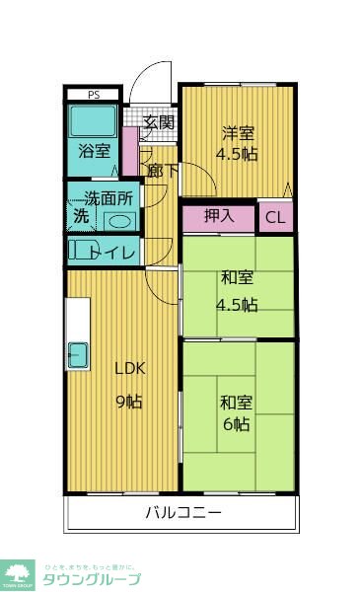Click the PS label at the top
pos(94,95)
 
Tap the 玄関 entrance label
pos(158,123)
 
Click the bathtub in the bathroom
pos(94,122)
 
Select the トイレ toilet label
pos(114,253)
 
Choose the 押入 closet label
pos(218,216)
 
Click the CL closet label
pos(275,218)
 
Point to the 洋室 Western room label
pos(237,133)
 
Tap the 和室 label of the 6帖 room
pos(237,403)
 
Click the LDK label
pos(129,368)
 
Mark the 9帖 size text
pos(129,401)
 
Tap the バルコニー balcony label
pos(183,512)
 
